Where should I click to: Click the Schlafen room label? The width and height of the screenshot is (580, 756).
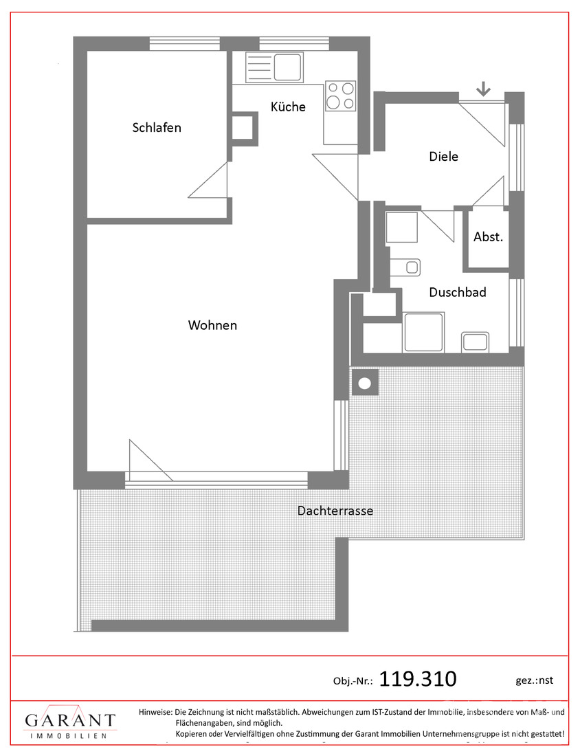(x=157, y=128)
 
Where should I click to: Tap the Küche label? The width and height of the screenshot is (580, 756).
(x=288, y=107)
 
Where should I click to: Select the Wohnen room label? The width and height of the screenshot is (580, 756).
(x=212, y=325)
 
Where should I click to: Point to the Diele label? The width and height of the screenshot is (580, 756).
(x=443, y=156)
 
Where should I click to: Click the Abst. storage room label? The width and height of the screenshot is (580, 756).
(x=488, y=236)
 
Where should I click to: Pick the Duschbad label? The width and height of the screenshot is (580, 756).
(x=458, y=292)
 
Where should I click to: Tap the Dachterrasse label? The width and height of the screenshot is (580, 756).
(x=335, y=511)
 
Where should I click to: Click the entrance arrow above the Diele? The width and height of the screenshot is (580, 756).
(x=483, y=89)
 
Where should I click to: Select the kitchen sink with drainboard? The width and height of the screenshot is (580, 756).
(x=274, y=67)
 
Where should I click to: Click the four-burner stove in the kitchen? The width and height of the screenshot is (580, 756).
(x=340, y=96)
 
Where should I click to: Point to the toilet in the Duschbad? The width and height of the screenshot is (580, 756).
(x=404, y=267)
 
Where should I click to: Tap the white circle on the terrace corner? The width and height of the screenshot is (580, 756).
(x=365, y=383)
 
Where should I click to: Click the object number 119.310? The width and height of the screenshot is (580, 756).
(x=418, y=679)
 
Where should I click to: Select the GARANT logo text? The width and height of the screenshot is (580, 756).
(x=70, y=720)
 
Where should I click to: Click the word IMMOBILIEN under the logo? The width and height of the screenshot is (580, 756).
(x=69, y=736)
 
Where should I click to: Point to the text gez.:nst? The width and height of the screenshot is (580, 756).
(x=534, y=680)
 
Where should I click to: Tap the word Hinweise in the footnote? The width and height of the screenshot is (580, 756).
(x=155, y=711)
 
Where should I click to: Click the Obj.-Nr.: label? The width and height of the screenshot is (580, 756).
(x=353, y=681)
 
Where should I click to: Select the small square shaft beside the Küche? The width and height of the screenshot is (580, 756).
(x=245, y=129)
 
